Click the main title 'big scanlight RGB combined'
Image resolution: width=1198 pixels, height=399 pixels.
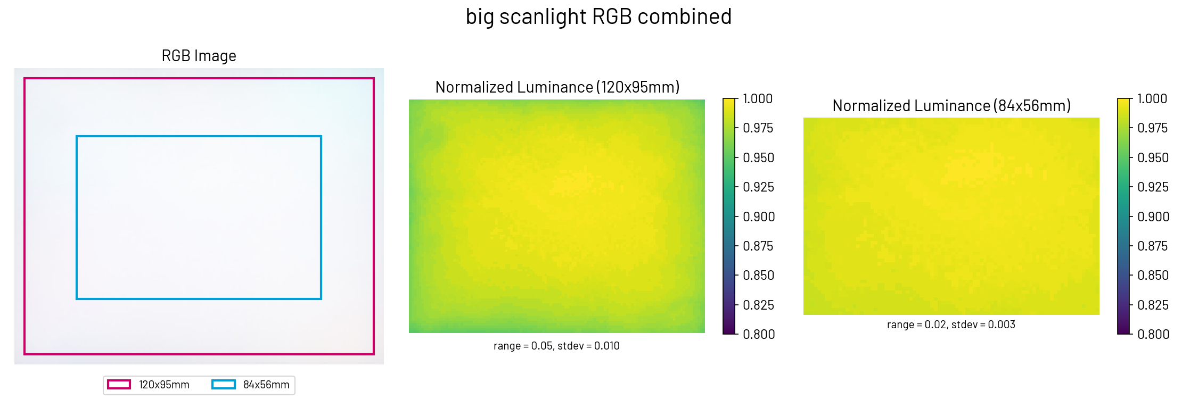pos(598,17)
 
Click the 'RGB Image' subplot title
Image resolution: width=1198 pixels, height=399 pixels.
pos(199,56)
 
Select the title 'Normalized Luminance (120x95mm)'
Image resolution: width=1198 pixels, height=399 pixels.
pos(557,87)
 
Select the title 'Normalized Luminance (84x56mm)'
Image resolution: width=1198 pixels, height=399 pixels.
pos(951,106)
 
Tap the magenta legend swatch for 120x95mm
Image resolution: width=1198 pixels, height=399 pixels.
pos(119,385)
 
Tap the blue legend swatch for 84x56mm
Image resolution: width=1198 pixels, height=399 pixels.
pos(224,385)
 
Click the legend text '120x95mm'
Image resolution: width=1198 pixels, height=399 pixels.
pos(164,385)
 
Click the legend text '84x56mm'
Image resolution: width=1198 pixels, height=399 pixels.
pos(266,385)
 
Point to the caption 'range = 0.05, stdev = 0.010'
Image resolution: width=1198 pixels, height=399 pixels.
pos(556,346)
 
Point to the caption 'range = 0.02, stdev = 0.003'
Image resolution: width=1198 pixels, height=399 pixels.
pos(951,325)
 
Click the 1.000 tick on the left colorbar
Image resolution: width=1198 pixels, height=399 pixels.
pos(758,99)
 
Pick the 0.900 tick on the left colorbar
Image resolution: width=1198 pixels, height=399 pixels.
pos(759,217)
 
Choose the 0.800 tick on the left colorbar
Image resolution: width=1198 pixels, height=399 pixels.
pos(759,334)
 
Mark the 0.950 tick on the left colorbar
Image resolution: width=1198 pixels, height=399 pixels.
pos(759,158)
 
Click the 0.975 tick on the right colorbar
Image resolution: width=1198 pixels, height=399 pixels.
pos(1152,128)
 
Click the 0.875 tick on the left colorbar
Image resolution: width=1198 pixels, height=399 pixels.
pos(759,246)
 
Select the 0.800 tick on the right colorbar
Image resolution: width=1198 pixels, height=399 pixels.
pos(1153,334)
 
